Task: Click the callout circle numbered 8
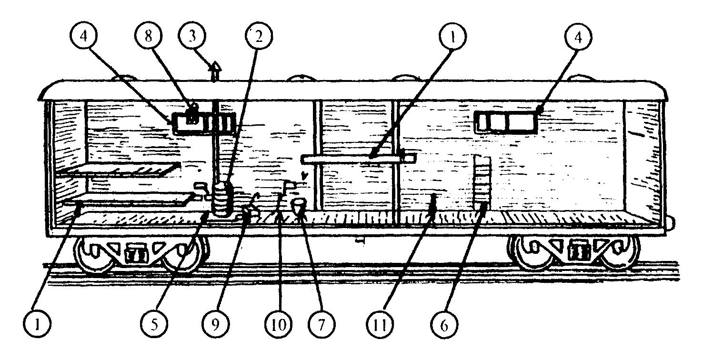pyautogui.click(x=148, y=35)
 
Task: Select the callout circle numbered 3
pyautogui.click(x=192, y=35)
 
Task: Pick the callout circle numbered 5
pyautogui.click(x=154, y=325)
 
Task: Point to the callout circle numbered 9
pyautogui.click(x=216, y=325)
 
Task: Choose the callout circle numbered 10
pyautogui.click(x=279, y=325)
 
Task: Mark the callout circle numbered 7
pyautogui.click(x=321, y=325)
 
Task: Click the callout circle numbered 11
pyautogui.click(x=381, y=325)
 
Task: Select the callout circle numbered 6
pyautogui.click(x=444, y=325)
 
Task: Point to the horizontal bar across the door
pyautogui.click(x=358, y=158)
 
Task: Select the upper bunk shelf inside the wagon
pyautogui.click(x=119, y=169)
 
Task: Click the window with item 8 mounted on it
pyautogui.click(x=204, y=123)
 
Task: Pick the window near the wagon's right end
pyautogui.click(x=507, y=122)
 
